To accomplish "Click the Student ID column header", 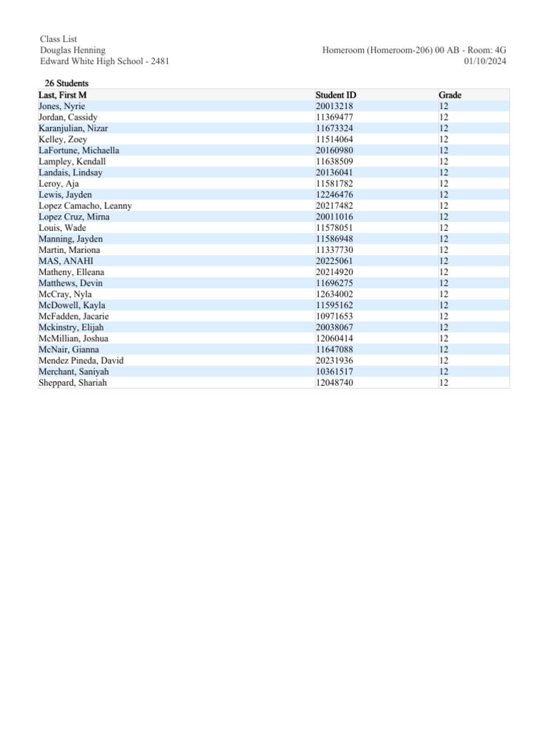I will pos(335,95).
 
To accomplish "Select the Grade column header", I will pos(450,95).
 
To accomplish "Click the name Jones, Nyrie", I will pos(61,106).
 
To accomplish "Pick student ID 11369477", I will pos(334,117).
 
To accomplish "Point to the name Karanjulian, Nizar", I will pos(73,128).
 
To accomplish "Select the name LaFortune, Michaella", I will pos(78,150).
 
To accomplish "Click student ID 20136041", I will pos(334,173).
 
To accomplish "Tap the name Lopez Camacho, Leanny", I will pos(85,206).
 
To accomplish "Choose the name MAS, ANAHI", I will pos(66,261).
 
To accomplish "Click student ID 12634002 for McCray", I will pos(334,294).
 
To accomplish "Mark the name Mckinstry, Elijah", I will pos(71,327).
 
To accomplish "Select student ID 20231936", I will pos(334,361).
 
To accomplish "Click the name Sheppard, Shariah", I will pos(73,383).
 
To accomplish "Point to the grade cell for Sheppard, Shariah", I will pos(444,383).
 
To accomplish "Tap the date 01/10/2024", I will pos(485,61).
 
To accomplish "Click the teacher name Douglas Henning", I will pos(73,50).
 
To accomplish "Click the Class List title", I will pos(59,39).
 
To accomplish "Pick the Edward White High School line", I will pos(104,61).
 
